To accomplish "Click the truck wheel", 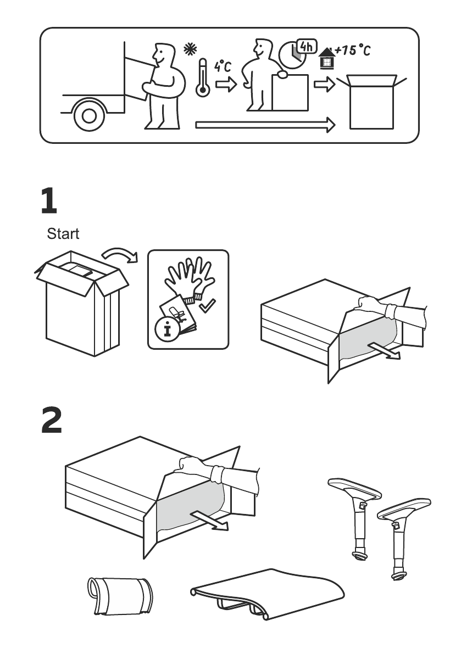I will (89, 115).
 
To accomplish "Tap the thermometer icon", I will (202, 79).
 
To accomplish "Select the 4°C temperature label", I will (223, 67).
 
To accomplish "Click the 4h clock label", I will (307, 47).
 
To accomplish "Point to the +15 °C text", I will (353, 51).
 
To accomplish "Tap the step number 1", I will (49, 202).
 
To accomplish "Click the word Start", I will (63, 234).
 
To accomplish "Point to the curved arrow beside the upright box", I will (120, 254).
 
